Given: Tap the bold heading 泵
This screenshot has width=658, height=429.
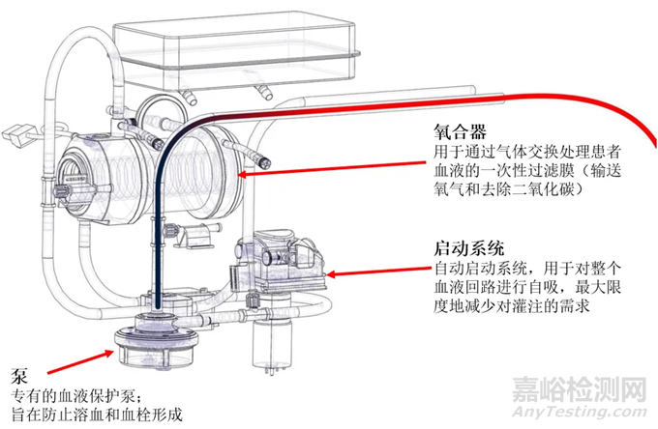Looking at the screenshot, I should click(19, 376).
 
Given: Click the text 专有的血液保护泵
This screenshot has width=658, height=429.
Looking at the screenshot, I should click(72, 397).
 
